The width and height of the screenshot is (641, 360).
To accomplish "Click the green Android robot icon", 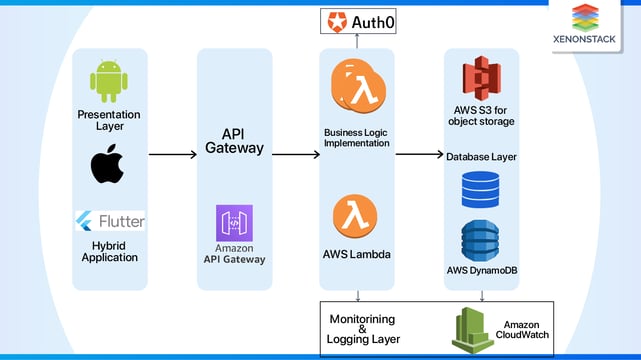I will coord(109,83).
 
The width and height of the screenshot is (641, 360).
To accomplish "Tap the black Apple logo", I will coord(108,164).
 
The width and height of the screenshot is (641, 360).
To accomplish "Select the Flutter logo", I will coord(109,220).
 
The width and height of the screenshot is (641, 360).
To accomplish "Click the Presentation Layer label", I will coord(109,121).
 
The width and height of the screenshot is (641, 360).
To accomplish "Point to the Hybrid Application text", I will coord(109,250).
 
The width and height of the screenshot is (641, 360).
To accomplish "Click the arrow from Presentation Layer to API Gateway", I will coord(171,155).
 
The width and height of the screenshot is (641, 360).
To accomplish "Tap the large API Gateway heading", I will coord(234,140).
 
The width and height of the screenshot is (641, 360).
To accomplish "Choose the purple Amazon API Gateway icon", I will coord(235,223).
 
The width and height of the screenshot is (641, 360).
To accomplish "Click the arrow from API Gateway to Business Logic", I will coord(296,155).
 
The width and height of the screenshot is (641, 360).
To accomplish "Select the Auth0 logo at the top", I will coord(358,19).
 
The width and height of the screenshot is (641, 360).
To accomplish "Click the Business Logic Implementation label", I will coord(358,137).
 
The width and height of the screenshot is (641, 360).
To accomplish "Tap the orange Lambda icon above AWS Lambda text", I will coord(356,216).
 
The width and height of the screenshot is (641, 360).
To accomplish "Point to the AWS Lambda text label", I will coord(357,254).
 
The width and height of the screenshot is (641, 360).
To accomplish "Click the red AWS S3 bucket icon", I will coord(481,79).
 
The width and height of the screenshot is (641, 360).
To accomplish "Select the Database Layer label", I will coord(481,157).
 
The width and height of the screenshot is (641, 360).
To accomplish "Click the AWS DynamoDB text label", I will coord(481,271).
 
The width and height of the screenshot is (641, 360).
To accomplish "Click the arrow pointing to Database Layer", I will coord(419,155).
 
